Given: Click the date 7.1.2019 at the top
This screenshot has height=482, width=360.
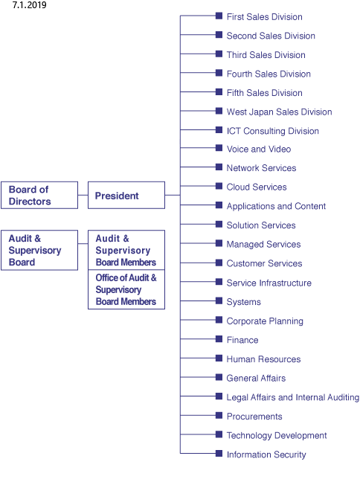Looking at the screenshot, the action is click(x=29, y=5).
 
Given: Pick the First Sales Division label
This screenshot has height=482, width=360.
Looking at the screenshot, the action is click(x=264, y=16).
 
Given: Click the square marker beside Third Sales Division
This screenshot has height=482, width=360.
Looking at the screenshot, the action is click(x=219, y=54).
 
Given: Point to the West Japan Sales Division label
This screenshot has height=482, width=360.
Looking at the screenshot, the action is click(x=279, y=112).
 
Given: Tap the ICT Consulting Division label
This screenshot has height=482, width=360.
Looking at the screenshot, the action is click(x=273, y=131).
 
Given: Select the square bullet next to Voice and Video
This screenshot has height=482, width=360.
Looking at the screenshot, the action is click(x=219, y=148).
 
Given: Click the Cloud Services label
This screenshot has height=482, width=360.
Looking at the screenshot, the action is click(x=257, y=187).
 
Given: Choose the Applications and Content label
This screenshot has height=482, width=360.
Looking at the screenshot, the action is click(x=276, y=206).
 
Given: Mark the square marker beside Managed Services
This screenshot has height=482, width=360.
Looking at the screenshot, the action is click(x=219, y=243).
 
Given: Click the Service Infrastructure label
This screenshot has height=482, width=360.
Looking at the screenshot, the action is click(x=269, y=283).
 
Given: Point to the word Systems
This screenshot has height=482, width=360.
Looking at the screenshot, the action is click(x=243, y=302).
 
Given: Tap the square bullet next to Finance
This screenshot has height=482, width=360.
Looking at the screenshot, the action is click(x=219, y=338).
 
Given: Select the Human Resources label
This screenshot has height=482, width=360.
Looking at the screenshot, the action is click(x=263, y=359).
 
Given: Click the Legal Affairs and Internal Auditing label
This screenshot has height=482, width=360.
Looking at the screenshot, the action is click(x=292, y=397).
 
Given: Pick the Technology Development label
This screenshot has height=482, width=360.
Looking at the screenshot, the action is click(x=277, y=435).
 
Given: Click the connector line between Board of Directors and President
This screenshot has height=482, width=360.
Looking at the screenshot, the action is click(x=83, y=195).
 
